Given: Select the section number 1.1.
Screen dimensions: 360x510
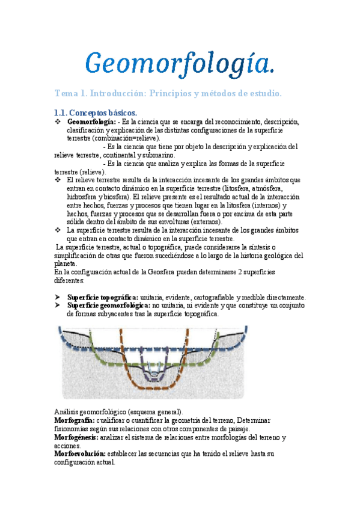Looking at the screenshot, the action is coord(60,112).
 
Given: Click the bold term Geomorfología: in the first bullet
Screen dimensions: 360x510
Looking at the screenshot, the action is coord(92,121).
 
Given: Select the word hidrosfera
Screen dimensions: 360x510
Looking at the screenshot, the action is coord(85,196).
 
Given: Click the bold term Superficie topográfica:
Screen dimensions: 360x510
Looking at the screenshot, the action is coord(103,297).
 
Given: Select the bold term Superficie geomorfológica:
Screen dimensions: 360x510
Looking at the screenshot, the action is coord(109,306).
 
